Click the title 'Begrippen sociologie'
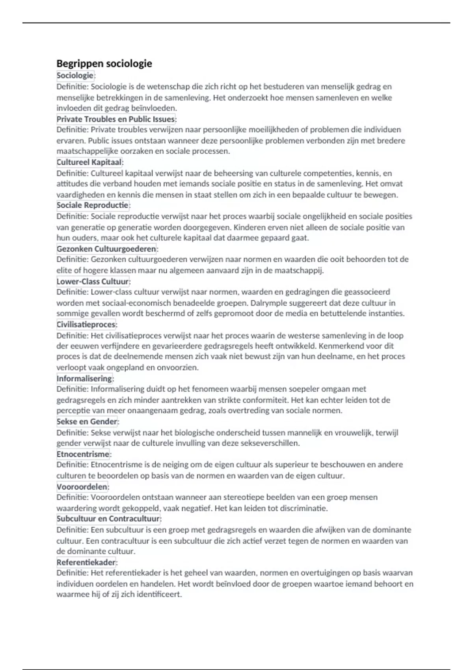pos(104,63)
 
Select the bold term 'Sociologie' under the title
pos(75,75)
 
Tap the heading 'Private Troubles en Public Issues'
pos(116,119)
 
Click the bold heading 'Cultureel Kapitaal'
pos(89,162)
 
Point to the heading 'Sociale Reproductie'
pos(93,205)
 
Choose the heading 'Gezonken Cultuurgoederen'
pos(106,249)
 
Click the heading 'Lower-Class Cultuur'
pos(93,281)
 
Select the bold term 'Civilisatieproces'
pos(86,324)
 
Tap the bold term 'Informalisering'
pos(84,378)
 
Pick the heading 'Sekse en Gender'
pos(87,421)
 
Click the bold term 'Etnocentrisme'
pos(83,454)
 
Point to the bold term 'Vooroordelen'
pos(82,487)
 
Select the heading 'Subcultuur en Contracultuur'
pos(108,519)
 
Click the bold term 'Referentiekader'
pos(86,562)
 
